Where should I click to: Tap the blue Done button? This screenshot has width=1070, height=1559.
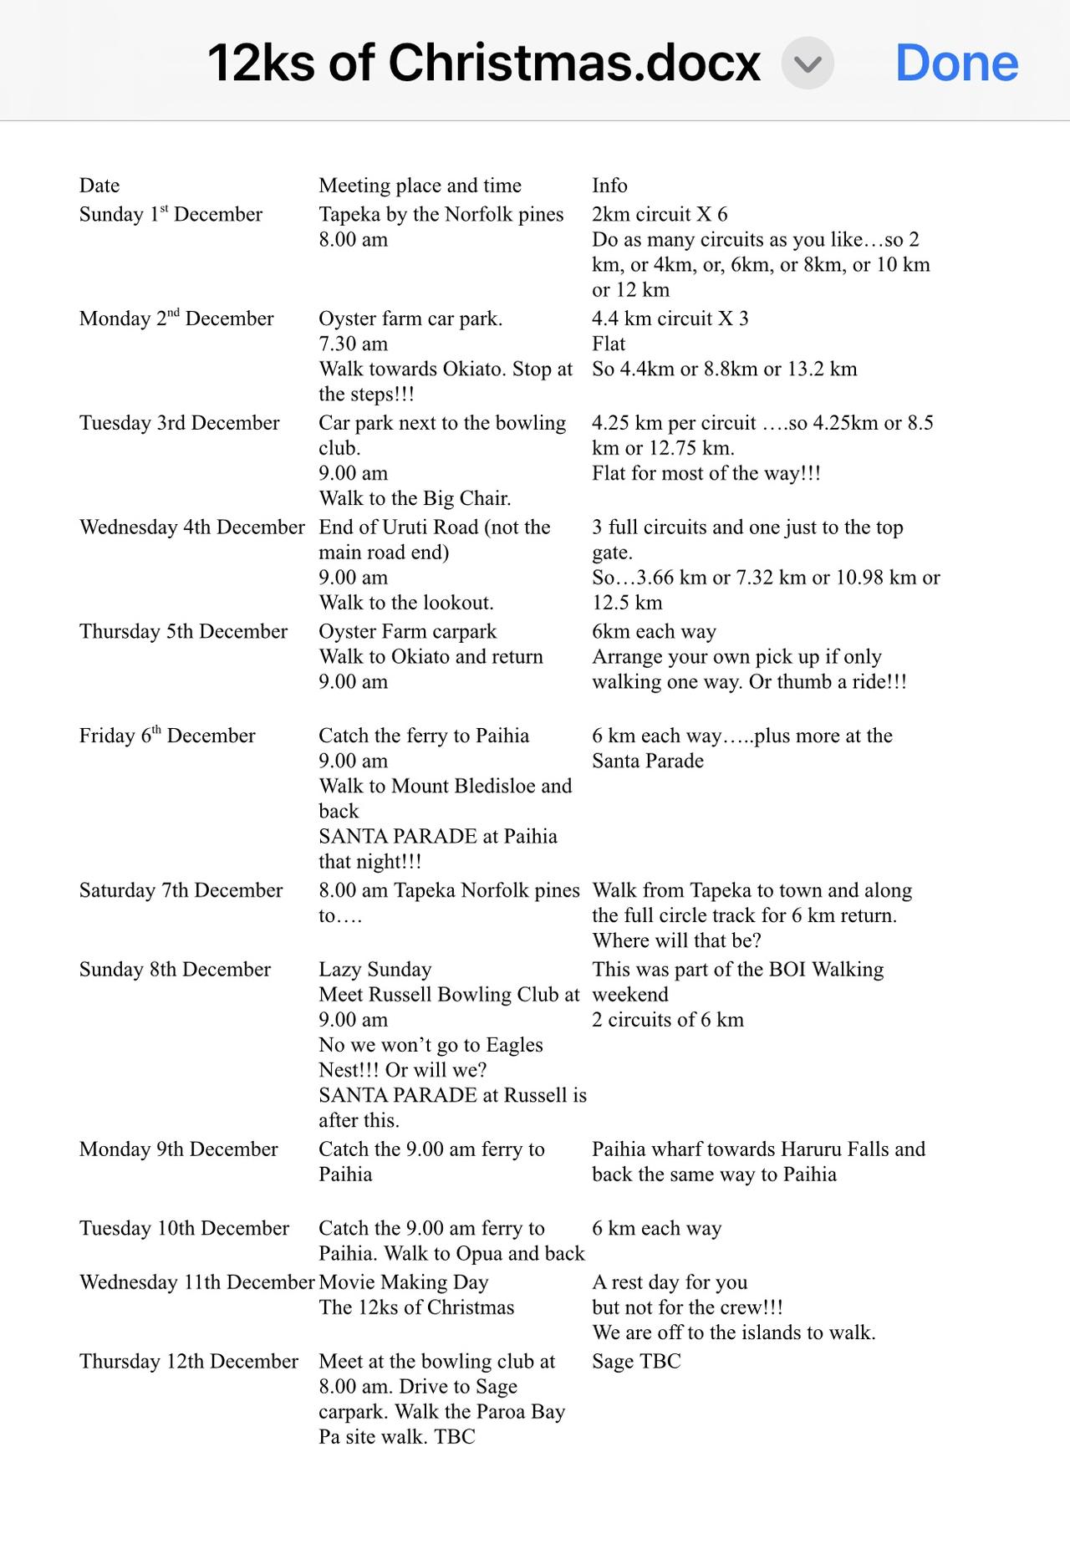(956, 64)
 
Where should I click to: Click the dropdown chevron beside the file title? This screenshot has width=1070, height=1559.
(808, 64)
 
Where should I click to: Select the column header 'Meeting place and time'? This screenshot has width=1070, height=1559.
(420, 186)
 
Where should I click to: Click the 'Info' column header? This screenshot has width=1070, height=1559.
(609, 186)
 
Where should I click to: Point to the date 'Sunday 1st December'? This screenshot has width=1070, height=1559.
(171, 215)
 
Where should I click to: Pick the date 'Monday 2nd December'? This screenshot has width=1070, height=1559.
(176, 318)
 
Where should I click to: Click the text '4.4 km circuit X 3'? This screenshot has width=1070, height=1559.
(670, 318)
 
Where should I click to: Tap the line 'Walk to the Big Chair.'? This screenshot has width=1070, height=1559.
(415, 498)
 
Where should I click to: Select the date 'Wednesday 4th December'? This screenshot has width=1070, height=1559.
(192, 527)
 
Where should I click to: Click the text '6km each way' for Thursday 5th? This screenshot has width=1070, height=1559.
(654, 631)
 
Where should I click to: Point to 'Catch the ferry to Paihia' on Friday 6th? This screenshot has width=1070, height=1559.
(424, 736)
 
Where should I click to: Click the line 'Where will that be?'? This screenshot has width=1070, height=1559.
(676, 940)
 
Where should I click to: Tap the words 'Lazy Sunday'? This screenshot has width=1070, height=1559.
(374, 970)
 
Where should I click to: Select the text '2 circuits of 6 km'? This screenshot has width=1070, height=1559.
(667, 1020)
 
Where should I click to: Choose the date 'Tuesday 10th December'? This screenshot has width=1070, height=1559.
(184, 1228)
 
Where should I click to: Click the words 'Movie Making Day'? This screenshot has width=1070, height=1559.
(403, 1282)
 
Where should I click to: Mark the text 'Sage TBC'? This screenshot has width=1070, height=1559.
(636, 1362)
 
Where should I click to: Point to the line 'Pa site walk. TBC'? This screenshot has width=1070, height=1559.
(396, 1437)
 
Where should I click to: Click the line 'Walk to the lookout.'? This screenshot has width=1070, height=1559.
(405, 603)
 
